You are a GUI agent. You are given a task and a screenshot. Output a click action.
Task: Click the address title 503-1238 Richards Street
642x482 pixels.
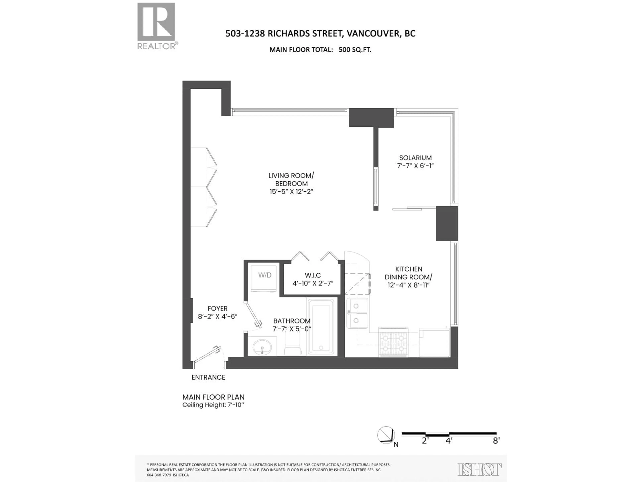click(x=320, y=34)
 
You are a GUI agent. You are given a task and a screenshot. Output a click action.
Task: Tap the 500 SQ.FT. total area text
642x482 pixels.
click(x=355, y=50)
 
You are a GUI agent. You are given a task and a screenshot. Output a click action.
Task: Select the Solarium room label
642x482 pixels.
click(x=415, y=158)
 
